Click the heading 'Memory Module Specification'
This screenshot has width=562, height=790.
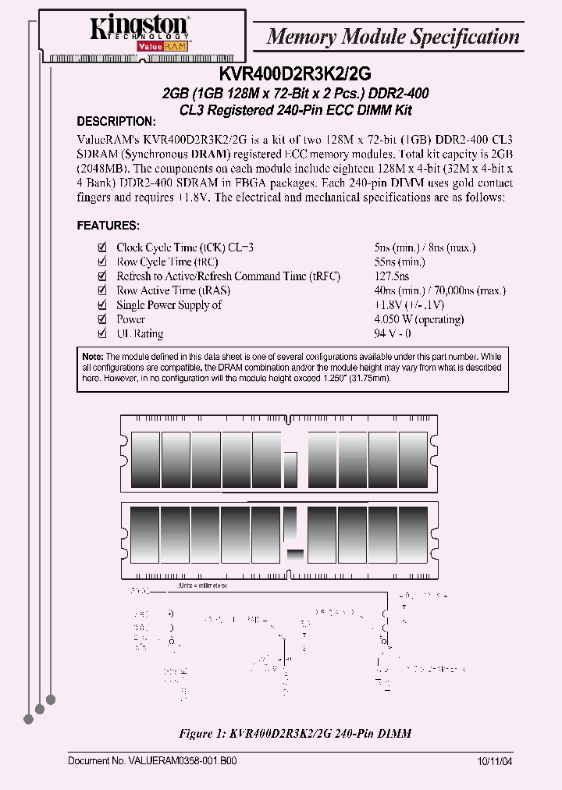click(x=393, y=37)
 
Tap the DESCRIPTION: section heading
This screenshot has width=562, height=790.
click(x=116, y=122)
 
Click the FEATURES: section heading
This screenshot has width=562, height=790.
click(x=108, y=226)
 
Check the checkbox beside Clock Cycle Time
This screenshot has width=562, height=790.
click(x=101, y=247)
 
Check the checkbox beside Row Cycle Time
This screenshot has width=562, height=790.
click(x=101, y=262)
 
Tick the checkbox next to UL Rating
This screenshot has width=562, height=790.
click(x=101, y=334)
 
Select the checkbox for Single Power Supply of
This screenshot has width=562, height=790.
click(x=101, y=305)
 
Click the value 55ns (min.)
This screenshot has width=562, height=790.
click(x=399, y=262)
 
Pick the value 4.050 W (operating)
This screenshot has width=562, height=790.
click(x=418, y=319)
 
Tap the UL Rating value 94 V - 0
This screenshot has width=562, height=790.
click(x=392, y=334)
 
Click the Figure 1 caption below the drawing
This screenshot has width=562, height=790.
click(x=295, y=734)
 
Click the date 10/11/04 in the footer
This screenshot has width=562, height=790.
click(x=494, y=760)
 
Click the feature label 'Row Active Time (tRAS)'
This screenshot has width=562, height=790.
click(x=173, y=290)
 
